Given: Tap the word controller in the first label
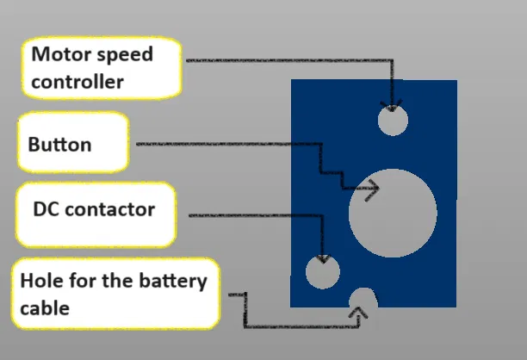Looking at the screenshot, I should pyautogui.click(x=77, y=83).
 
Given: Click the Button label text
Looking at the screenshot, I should pyautogui.click(x=59, y=144).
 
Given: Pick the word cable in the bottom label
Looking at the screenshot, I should pyautogui.click(x=44, y=307).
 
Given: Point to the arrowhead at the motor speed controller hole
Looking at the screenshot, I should pyautogui.click(x=393, y=106).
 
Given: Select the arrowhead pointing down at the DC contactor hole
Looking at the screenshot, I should pyautogui.click(x=323, y=258).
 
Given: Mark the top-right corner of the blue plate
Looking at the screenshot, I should pyautogui.click(x=456, y=80).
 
